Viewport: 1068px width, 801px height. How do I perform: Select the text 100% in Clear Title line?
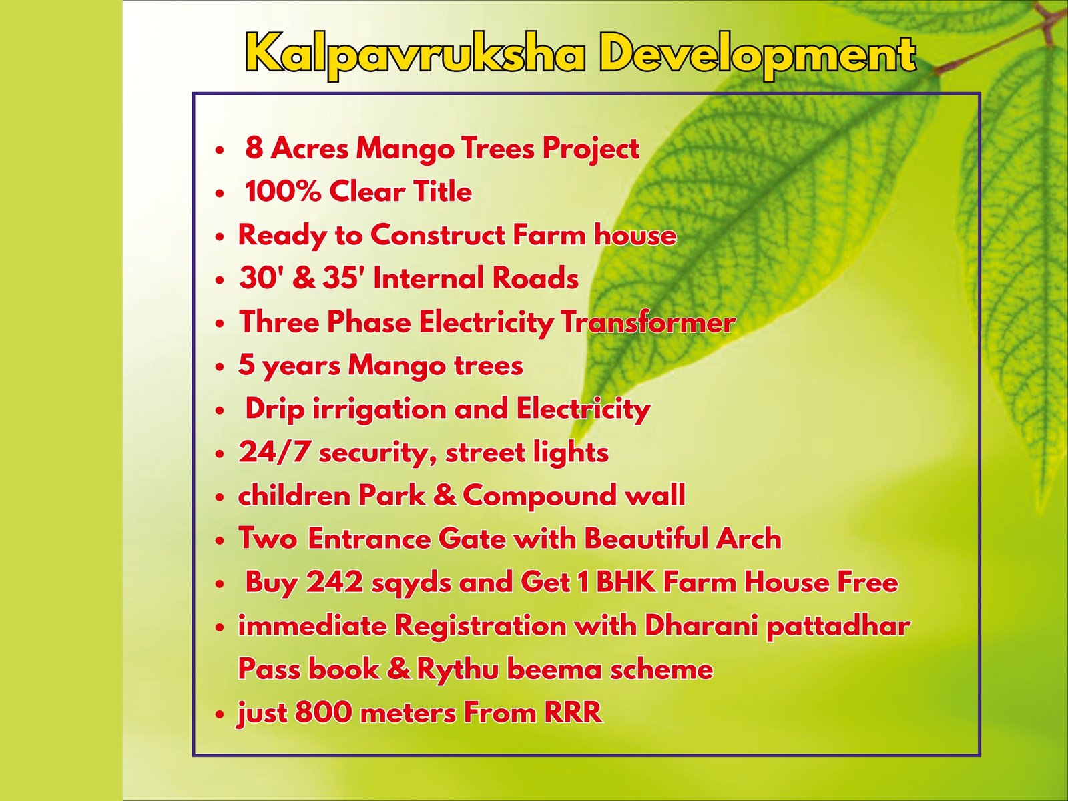coord(283,191)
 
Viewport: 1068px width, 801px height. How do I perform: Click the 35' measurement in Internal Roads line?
coord(344,278)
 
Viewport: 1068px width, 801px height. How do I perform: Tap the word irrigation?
coord(380,409)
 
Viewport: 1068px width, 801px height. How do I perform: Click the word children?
coord(294,495)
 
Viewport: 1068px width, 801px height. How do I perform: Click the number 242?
coord(335,582)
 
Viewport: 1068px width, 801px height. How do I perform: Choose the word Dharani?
coord(702,625)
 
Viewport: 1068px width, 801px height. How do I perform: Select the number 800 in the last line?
coord(324,712)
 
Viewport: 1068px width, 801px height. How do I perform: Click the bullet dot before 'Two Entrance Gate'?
coord(220,540)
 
